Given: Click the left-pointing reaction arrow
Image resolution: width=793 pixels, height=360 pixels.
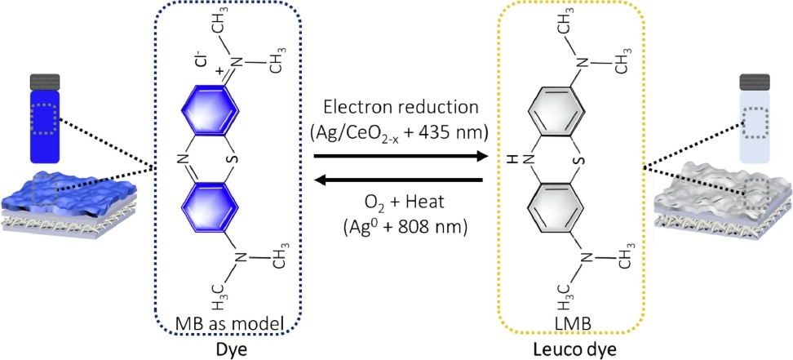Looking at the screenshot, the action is coord(398,180).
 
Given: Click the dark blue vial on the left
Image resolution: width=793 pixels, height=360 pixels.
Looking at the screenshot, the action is coord(46,118).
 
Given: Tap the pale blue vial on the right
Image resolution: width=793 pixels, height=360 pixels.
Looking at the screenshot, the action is coord(755,118).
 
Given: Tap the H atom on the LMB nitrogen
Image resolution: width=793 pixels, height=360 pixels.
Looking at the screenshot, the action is coord(512,158).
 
